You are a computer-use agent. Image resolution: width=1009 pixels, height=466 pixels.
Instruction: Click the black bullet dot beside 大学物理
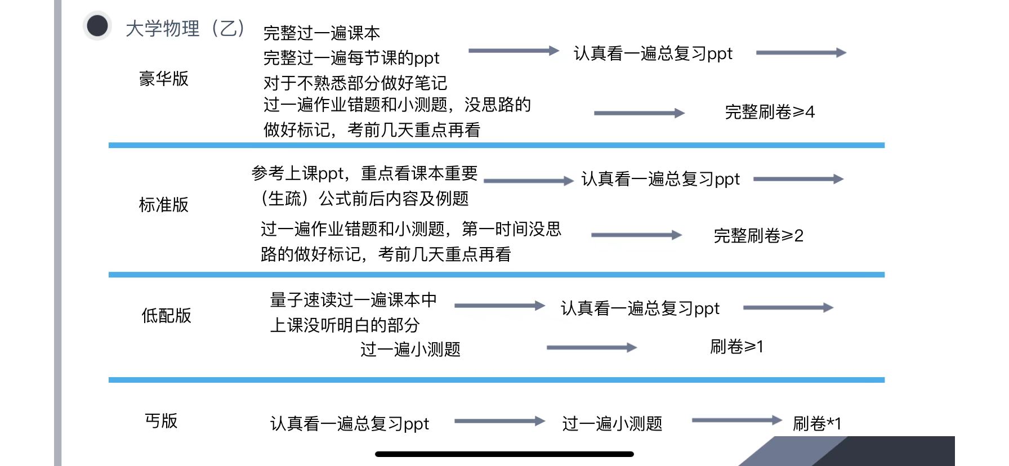(x=97, y=26)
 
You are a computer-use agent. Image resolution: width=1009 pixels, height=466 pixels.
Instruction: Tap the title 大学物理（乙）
(x=185, y=28)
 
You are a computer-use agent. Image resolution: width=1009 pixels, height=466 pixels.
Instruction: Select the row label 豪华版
(x=164, y=79)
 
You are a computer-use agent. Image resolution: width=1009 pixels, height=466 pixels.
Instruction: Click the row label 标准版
(x=164, y=205)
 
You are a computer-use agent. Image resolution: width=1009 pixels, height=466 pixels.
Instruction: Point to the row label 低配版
(x=167, y=316)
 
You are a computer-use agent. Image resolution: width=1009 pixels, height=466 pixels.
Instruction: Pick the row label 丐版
(x=162, y=421)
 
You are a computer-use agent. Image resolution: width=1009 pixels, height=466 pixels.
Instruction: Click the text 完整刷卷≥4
(x=770, y=112)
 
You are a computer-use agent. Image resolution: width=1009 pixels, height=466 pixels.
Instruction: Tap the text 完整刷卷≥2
(x=758, y=235)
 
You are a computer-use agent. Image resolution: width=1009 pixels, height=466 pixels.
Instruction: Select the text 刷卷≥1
(x=736, y=346)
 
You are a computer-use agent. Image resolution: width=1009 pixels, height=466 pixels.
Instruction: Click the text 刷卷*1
(x=817, y=423)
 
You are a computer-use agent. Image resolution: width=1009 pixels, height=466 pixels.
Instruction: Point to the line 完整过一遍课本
(x=322, y=33)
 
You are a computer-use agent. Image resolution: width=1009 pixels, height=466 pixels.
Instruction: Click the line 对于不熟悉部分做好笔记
(x=355, y=83)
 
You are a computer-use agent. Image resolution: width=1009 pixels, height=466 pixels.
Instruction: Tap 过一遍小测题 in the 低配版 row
(x=410, y=349)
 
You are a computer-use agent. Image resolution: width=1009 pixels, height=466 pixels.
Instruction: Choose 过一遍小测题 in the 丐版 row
(x=612, y=423)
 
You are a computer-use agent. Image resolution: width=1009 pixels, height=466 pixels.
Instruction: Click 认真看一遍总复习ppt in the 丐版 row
(x=350, y=423)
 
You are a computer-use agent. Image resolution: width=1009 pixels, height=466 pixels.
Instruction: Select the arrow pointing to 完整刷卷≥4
(x=639, y=113)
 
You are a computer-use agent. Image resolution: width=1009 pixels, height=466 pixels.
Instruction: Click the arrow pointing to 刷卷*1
(x=736, y=420)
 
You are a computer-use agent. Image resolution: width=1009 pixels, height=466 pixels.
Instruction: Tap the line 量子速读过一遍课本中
(x=354, y=300)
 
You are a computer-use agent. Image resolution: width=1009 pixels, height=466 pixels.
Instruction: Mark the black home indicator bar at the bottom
(x=504, y=454)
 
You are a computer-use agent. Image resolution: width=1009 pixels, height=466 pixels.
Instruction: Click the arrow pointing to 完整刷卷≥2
(x=636, y=235)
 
